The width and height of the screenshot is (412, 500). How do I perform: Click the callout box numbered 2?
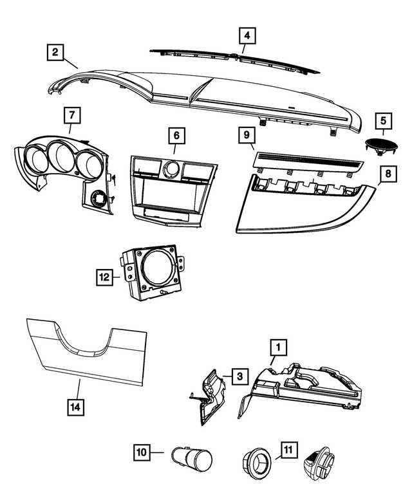(x=56, y=51)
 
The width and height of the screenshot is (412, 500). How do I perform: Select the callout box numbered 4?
(x=247, y=35)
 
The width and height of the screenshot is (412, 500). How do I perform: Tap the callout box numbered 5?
(x=383, y=120)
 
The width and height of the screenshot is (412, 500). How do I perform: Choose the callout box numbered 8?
(x=388, y=174)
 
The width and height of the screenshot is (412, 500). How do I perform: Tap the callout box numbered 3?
(x=238, y=376)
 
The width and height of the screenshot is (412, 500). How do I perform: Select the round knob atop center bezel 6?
(x=171, y=169)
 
